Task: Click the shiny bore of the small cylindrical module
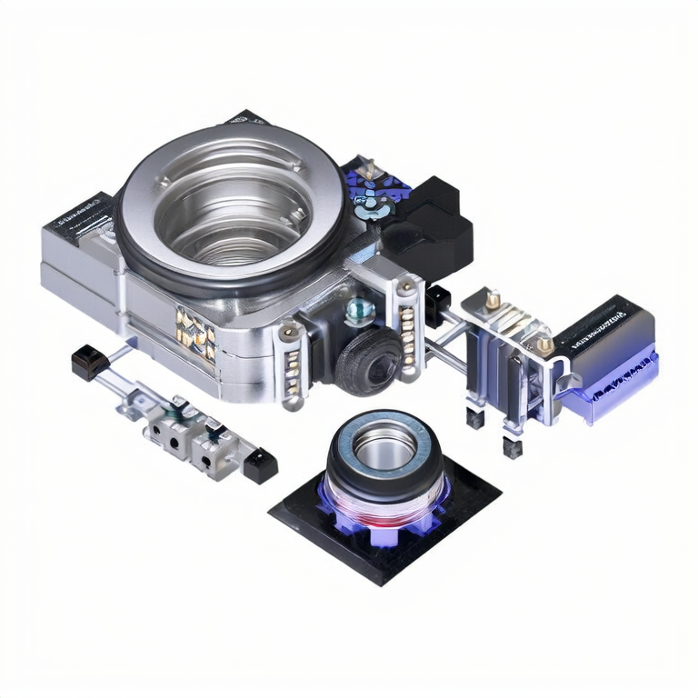coord(384,443)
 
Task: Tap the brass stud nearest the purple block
coord(543,344)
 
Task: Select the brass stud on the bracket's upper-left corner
coord(493,299)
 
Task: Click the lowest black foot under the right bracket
coord(513,447)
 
